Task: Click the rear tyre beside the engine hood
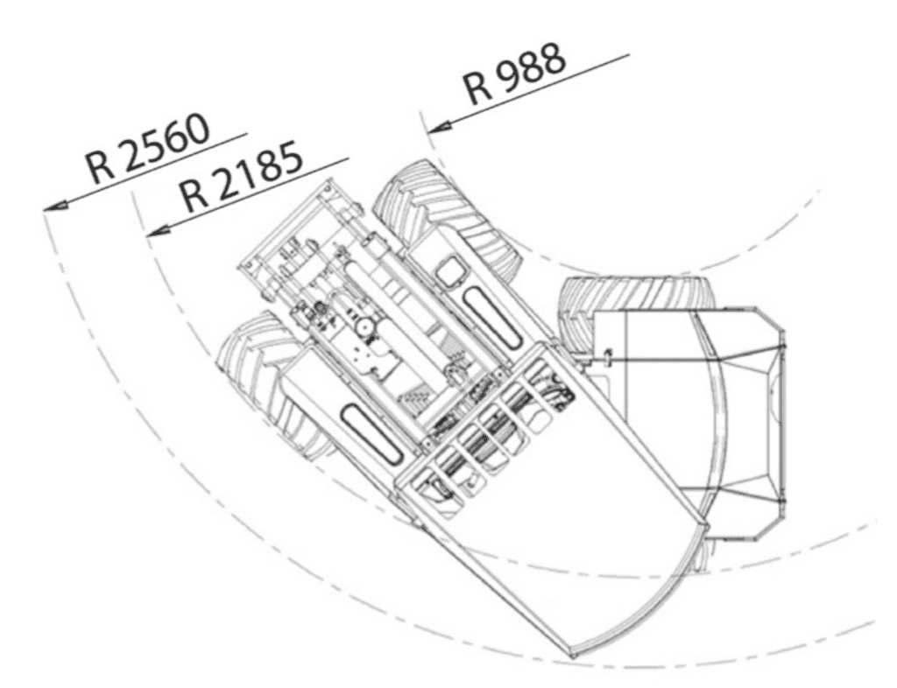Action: [x=635, y=293]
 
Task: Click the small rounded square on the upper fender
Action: [x=451, y=274]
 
